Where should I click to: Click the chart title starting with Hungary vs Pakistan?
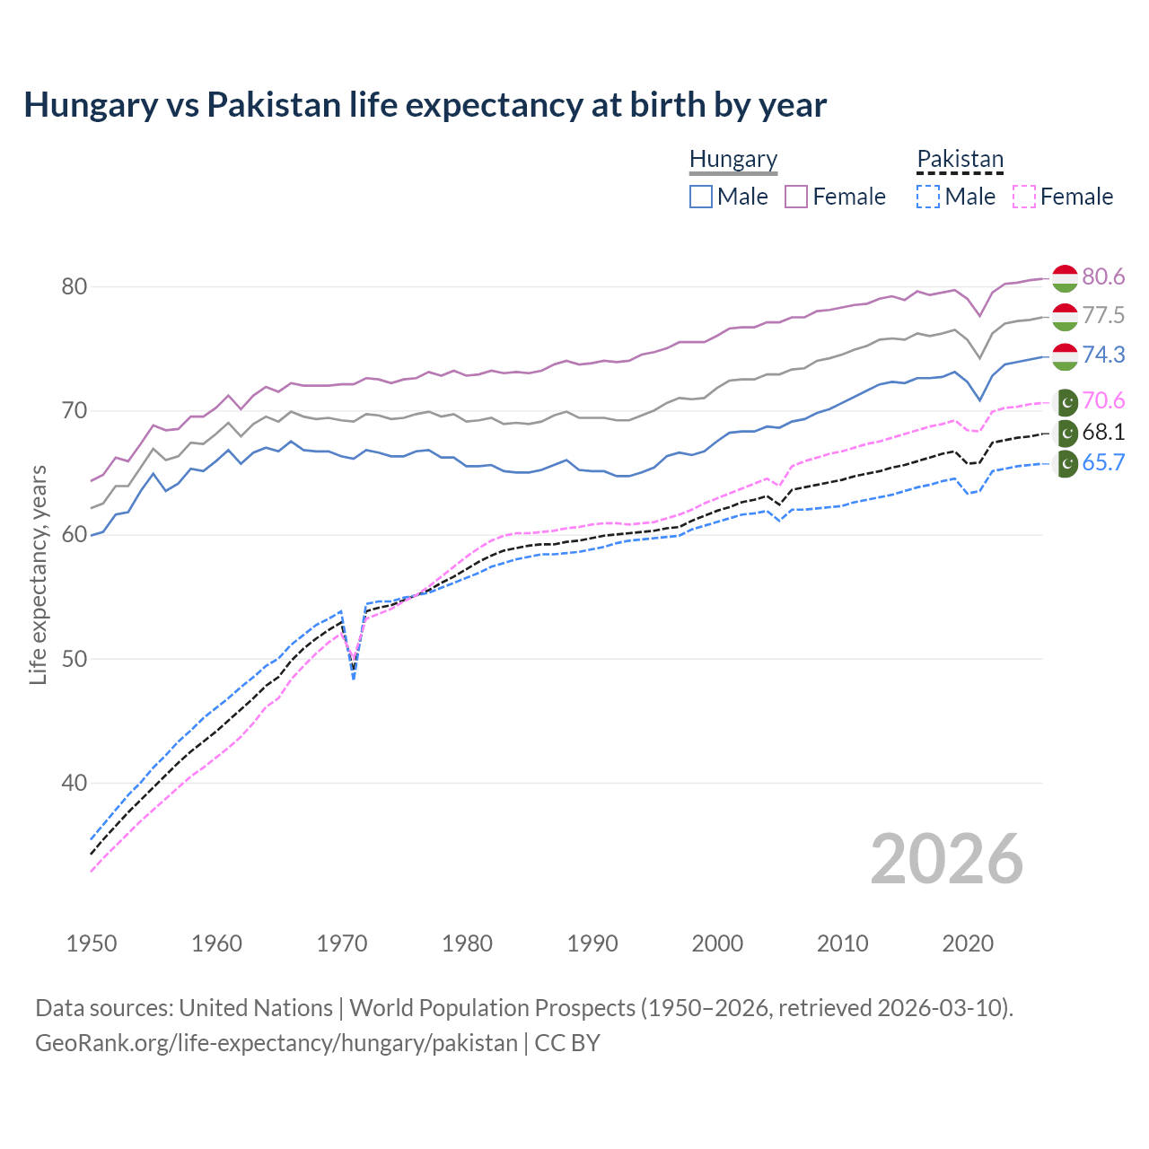tap(425, 105)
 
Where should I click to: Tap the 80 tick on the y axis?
tap(74, 287)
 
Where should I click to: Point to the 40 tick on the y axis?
tap(74, 783)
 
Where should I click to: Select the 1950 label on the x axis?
tap(92, 943)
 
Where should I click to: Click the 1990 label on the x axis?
tap(592, 943)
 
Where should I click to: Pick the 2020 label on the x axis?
tap(968, 943)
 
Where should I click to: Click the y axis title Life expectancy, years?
tap(38, 574)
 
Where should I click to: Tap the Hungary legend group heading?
tap(733, 159)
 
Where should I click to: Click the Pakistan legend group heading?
tap(960, 159)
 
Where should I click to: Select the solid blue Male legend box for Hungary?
tap(701, 197)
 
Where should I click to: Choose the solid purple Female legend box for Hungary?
tap(796, 197)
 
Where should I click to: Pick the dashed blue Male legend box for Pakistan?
tap(928, 197)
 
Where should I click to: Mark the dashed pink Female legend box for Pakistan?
tap(1023, 197)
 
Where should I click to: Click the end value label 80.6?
tap(1103, 276)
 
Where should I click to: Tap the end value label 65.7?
tap(1103, 463)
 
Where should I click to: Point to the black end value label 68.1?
tap(1103, 433)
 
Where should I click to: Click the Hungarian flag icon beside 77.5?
tap(1065, 316)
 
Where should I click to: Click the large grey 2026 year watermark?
tap(946, 859)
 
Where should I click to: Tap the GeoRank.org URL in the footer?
tap(276, 1043)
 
